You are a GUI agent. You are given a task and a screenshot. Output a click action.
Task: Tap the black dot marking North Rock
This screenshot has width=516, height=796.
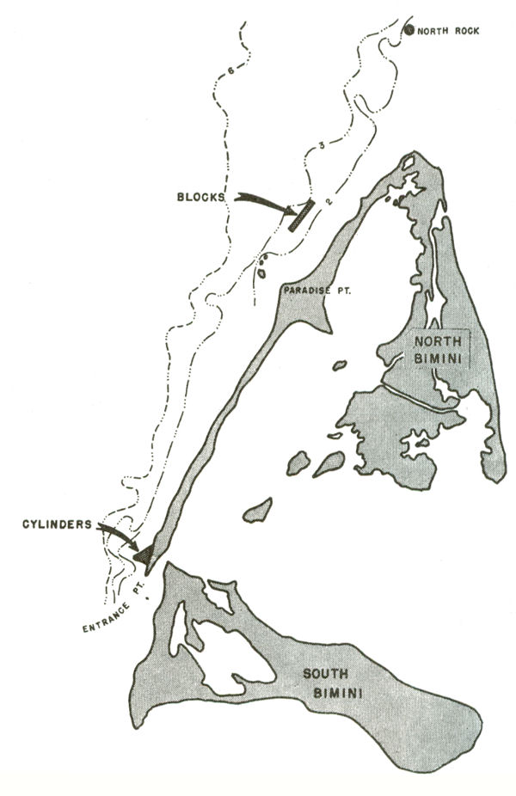(x=409, y=30)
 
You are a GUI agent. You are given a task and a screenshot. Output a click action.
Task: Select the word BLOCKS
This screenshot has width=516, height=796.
(x=199, y=196)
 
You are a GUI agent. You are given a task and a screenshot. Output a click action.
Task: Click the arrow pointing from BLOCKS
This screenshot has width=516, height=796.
(x=262, y=203)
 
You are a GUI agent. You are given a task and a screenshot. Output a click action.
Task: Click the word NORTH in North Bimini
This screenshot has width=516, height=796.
(x=438, y=340)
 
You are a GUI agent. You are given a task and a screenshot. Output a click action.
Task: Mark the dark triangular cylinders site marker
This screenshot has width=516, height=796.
(x=144, y=554)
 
